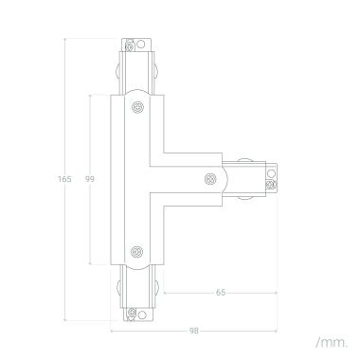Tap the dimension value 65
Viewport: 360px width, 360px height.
[x=220, y=293]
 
